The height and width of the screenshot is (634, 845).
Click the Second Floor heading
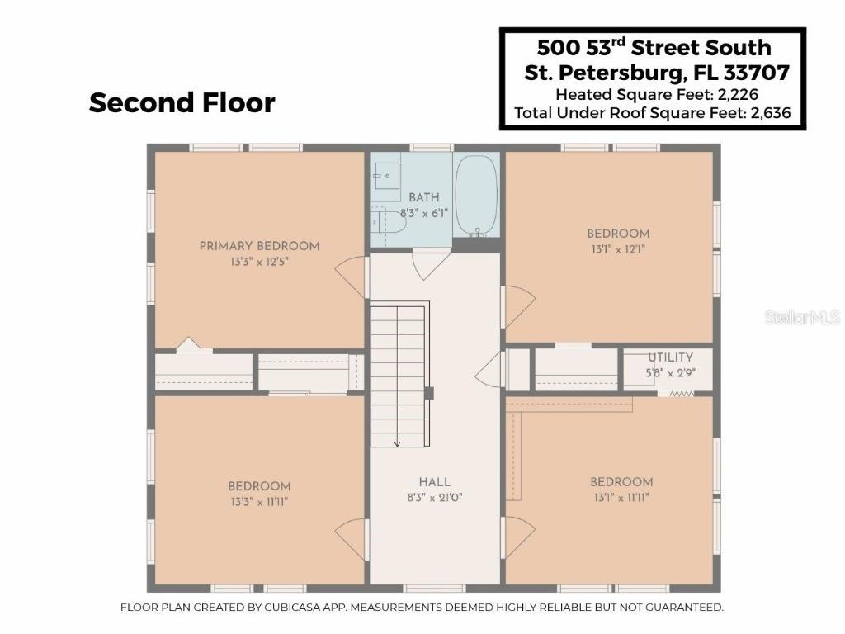pos(182,103)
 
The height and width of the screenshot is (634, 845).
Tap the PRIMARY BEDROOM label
pos(259,246)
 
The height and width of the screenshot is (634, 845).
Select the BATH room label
pos(424,198)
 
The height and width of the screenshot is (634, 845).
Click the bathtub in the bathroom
pos(477,196)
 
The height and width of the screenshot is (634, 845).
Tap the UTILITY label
pos(670,357)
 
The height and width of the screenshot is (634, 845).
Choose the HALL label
pos(434,482)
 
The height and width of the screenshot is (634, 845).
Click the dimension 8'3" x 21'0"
pos(434,498)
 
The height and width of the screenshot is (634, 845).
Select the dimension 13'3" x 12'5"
pos(259,262)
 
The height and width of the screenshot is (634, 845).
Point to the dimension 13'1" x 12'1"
pos(618,249)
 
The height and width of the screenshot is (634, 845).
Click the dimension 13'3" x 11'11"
pos(259,502)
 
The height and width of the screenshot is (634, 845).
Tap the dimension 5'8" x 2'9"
pos(670,372)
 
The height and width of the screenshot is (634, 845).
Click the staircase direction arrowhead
pos(397,444)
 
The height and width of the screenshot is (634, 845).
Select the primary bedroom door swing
pos(352,276)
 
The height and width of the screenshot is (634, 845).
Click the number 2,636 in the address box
pos(775,113)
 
